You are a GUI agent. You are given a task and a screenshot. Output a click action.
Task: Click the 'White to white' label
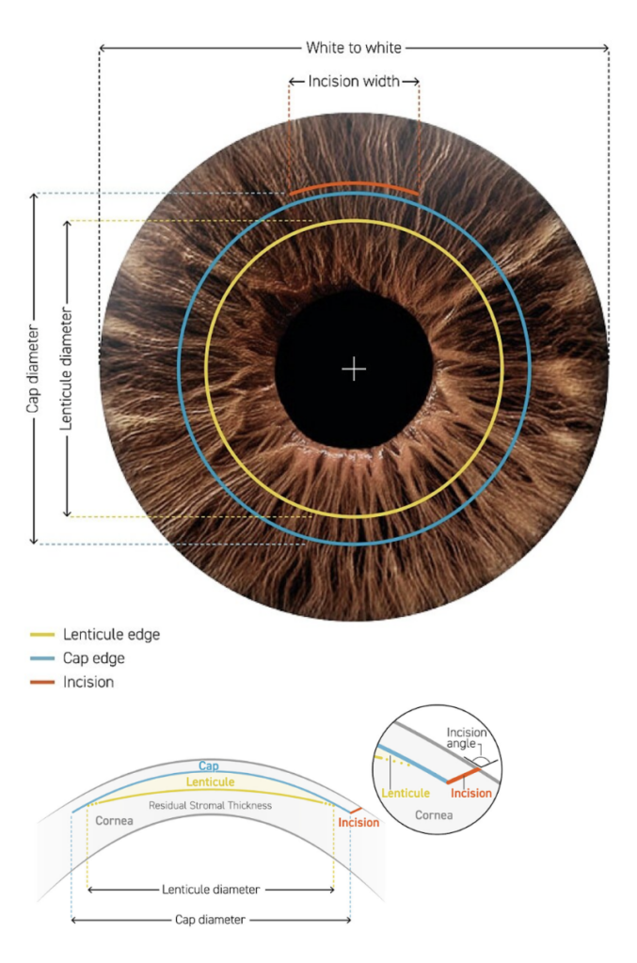point(354,48)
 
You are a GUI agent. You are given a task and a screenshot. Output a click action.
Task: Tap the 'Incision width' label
point(354,81)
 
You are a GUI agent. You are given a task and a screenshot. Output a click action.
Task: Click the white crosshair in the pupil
point(354,369)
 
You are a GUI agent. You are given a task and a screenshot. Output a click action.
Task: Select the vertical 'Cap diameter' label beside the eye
point(33,369)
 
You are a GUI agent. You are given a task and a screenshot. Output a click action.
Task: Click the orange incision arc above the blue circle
point(354,184)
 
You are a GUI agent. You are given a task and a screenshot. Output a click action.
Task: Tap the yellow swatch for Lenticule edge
point(42,635)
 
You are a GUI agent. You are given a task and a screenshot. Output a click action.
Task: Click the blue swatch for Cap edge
point(42,658)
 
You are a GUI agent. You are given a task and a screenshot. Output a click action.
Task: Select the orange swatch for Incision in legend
point(42,683)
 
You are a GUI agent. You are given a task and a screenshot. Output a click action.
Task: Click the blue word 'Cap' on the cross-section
point(209,766)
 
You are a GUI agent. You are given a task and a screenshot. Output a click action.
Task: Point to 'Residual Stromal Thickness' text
point(210,805)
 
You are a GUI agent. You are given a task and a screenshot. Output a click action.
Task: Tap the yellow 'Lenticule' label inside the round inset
point(406,793)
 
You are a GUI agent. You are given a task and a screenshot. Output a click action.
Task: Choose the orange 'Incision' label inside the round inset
point(471,793)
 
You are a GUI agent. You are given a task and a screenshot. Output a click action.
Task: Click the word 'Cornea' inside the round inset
point(434,815)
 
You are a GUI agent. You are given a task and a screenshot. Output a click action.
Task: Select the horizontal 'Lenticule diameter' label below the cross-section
point(211,890)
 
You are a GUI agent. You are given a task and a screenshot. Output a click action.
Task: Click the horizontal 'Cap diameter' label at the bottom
point(210,920)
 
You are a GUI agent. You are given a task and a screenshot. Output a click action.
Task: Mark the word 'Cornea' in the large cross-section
point(114,820)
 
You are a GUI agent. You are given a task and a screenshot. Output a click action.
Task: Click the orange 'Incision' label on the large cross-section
point(358,822)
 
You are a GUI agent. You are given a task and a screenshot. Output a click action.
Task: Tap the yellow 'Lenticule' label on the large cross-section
point(210,781)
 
